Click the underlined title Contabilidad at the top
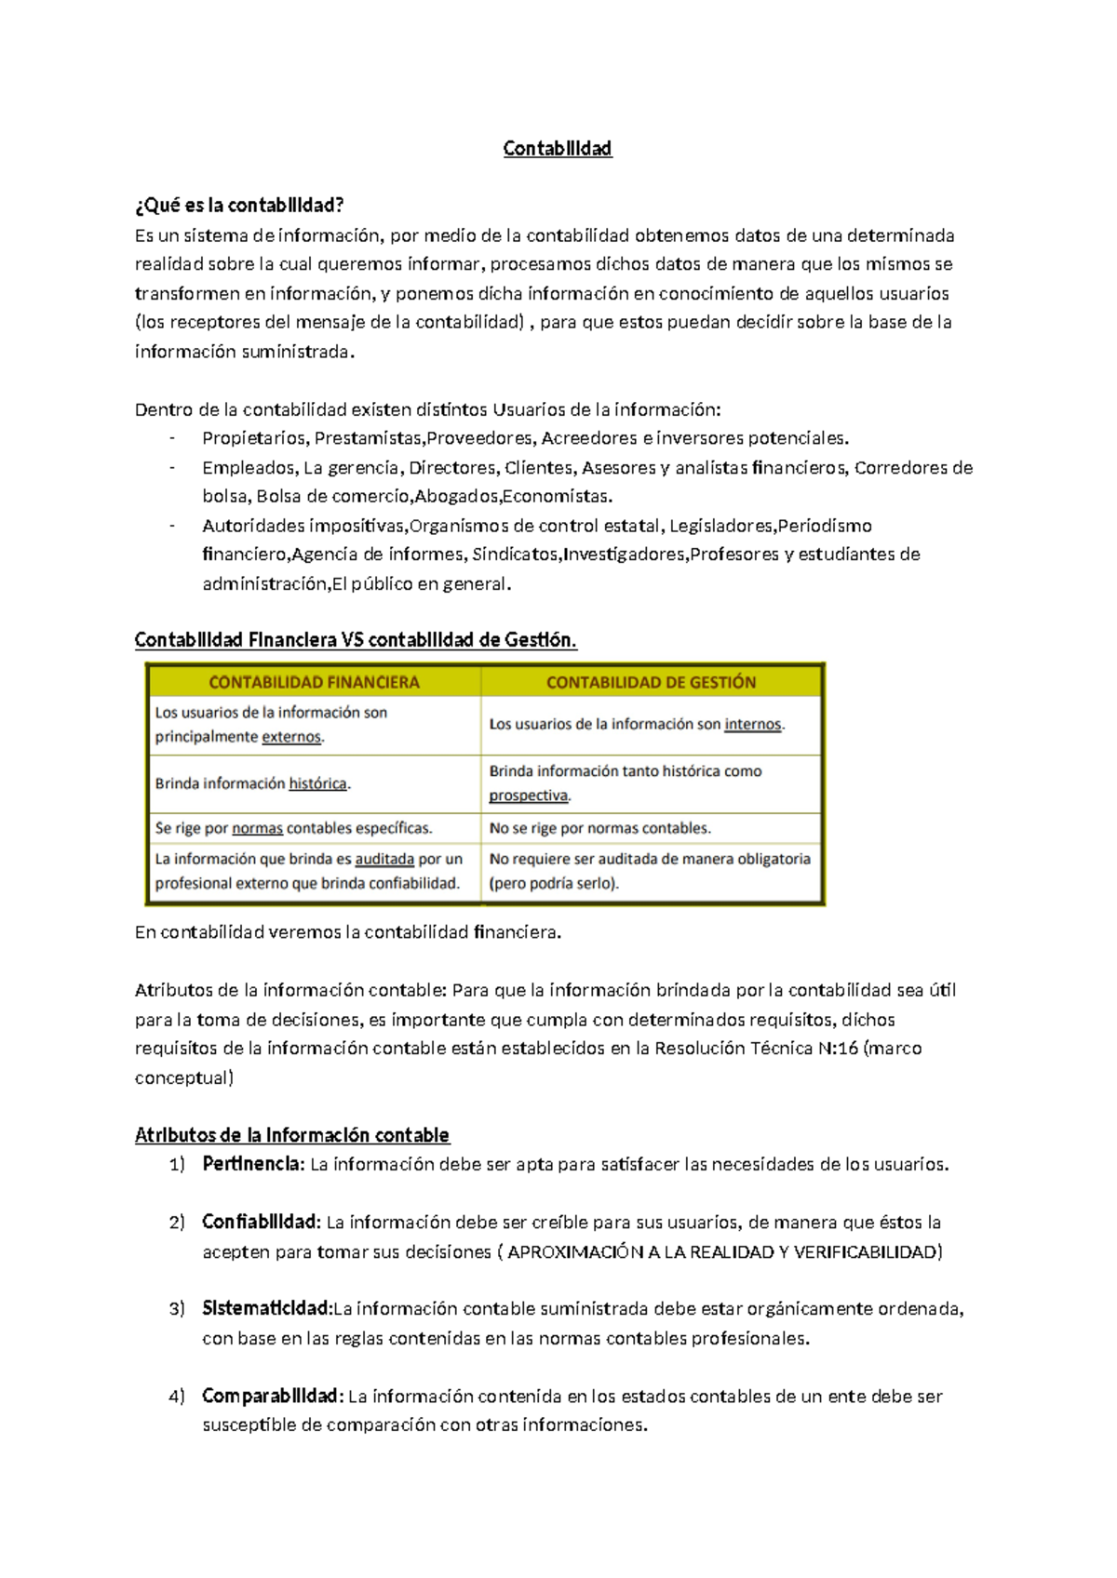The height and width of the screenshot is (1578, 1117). [x=557, y=149]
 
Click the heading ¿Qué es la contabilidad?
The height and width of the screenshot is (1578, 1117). [x=239, y=205]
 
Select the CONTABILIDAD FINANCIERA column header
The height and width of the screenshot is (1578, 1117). [x=314, y=682]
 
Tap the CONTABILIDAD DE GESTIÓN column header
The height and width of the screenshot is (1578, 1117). [x=651, y=682]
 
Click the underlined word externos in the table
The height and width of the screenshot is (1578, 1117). [x=291, y=737]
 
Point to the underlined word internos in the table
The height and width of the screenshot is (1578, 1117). [x=752, y=724]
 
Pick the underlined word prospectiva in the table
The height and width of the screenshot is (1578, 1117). [x=528, y=796]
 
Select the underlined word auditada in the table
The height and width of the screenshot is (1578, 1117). [x=384, y=859]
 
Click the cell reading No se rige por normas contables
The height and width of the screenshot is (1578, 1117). [x=599, y=828]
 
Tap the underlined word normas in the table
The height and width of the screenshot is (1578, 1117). [x=257, y=828]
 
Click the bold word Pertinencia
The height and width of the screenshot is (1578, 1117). [x=252, y=1164]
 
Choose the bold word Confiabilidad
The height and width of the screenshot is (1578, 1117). [x=261, y=1223]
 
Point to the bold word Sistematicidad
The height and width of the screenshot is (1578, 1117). [x=266, y=1309]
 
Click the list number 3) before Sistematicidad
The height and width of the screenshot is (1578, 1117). [x=177, y=1310]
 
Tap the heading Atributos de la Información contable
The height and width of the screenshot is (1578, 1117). [x=291, y=1135]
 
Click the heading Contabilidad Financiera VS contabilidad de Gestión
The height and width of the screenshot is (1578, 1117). [x=356, y=640]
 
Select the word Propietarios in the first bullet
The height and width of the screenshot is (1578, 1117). [x=253, y=438]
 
